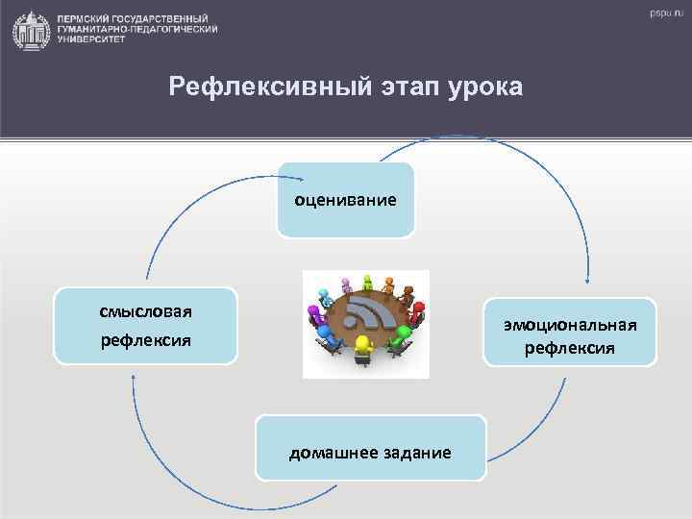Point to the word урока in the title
485,88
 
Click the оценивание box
345,200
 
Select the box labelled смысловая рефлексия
145,326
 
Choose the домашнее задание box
370,448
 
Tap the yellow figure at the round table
362,347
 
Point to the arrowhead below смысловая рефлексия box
134,376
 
